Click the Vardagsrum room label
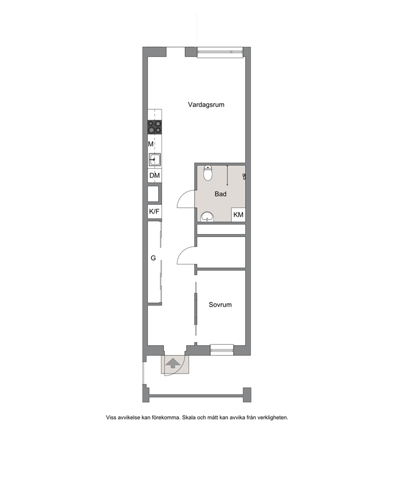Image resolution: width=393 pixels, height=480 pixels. tap(206, 105)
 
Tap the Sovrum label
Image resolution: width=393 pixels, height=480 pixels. tap(220, 305)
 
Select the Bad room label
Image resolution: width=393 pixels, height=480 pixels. tap(220, 194)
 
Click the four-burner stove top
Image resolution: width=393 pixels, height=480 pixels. tap(155, 127)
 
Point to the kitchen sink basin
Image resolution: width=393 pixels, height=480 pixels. tap(155, 159)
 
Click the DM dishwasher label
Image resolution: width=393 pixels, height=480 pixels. tap(155, 176)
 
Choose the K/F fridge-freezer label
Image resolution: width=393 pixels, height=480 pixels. tap(154, 212)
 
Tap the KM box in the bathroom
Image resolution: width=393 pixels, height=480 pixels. tap(238, 215)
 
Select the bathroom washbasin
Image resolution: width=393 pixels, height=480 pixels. tap(208, 217)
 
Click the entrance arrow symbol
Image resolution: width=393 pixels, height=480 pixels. tap(172, 363)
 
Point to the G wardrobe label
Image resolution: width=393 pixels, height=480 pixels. tap(153, 258)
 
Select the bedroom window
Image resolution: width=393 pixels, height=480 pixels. tap(222, 350)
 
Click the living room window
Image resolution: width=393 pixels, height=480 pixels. tap(220, 52)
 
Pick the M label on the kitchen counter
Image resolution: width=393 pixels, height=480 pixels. tap(150, 144)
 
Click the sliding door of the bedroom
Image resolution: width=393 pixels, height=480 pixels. tap(195, 309)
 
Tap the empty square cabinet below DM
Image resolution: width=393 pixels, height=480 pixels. tap(153, 194)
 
